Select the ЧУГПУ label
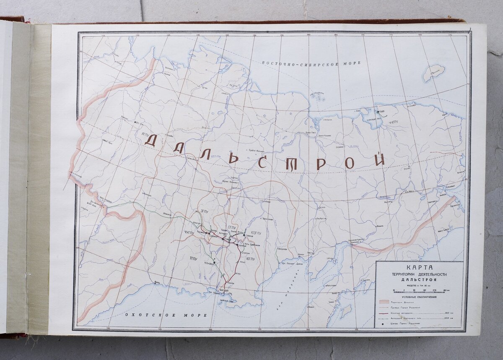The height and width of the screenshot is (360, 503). (190, 232)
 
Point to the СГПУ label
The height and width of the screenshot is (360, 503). (233, 228)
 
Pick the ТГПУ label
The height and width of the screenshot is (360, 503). (193, 258)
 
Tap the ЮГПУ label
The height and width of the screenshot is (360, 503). (250, 259)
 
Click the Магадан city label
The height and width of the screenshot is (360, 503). (223, 290)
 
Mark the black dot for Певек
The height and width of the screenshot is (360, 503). (378, 112)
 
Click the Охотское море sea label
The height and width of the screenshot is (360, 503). (166, 315)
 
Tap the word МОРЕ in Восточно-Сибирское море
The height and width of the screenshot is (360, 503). (351, 63)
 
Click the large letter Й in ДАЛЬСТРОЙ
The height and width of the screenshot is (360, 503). (380, 159)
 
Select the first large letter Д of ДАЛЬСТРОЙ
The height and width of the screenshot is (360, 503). (151, 141)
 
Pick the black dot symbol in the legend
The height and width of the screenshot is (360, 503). (383, 324)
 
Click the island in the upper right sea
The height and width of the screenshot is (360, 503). (433, 73)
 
